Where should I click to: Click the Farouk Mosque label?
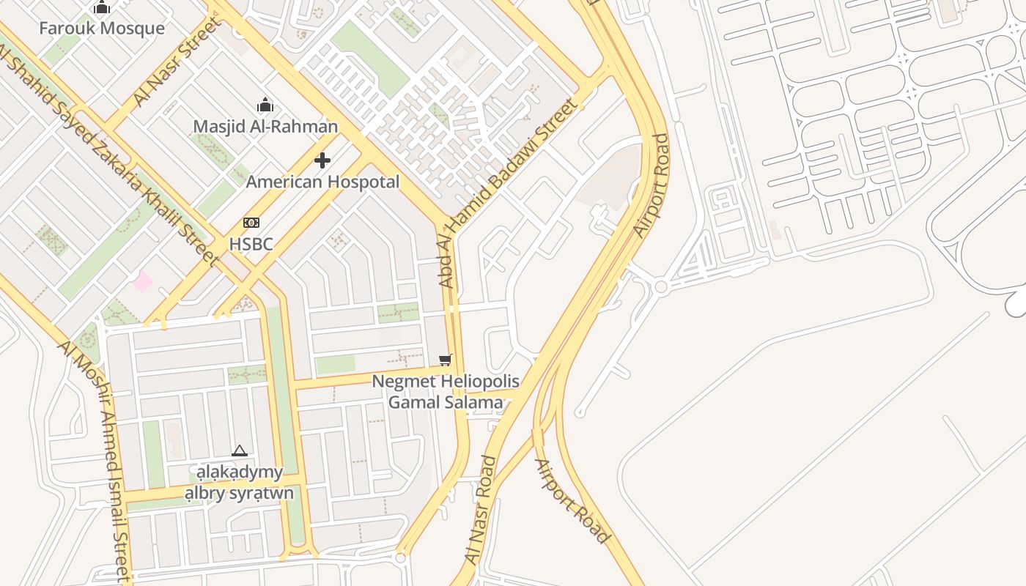[102, 29]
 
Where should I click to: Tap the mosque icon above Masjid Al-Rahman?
[265, 105]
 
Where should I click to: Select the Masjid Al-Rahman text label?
[265, 127]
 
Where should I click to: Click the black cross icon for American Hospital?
[322, 160]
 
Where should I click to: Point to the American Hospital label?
[322, 182]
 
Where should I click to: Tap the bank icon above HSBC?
[251, 223]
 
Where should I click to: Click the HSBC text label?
[251, 244]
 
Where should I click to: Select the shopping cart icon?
[445, 360]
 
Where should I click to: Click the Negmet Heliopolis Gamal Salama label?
[446, 392]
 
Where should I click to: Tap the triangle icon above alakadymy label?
[240, 450]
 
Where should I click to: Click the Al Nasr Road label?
[481, 509]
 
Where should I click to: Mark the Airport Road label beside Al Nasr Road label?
[572, 502]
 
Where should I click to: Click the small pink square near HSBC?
[143, 281]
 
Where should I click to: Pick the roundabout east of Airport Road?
[661, 287]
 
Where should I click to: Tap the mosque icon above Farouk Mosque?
[102, 8]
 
